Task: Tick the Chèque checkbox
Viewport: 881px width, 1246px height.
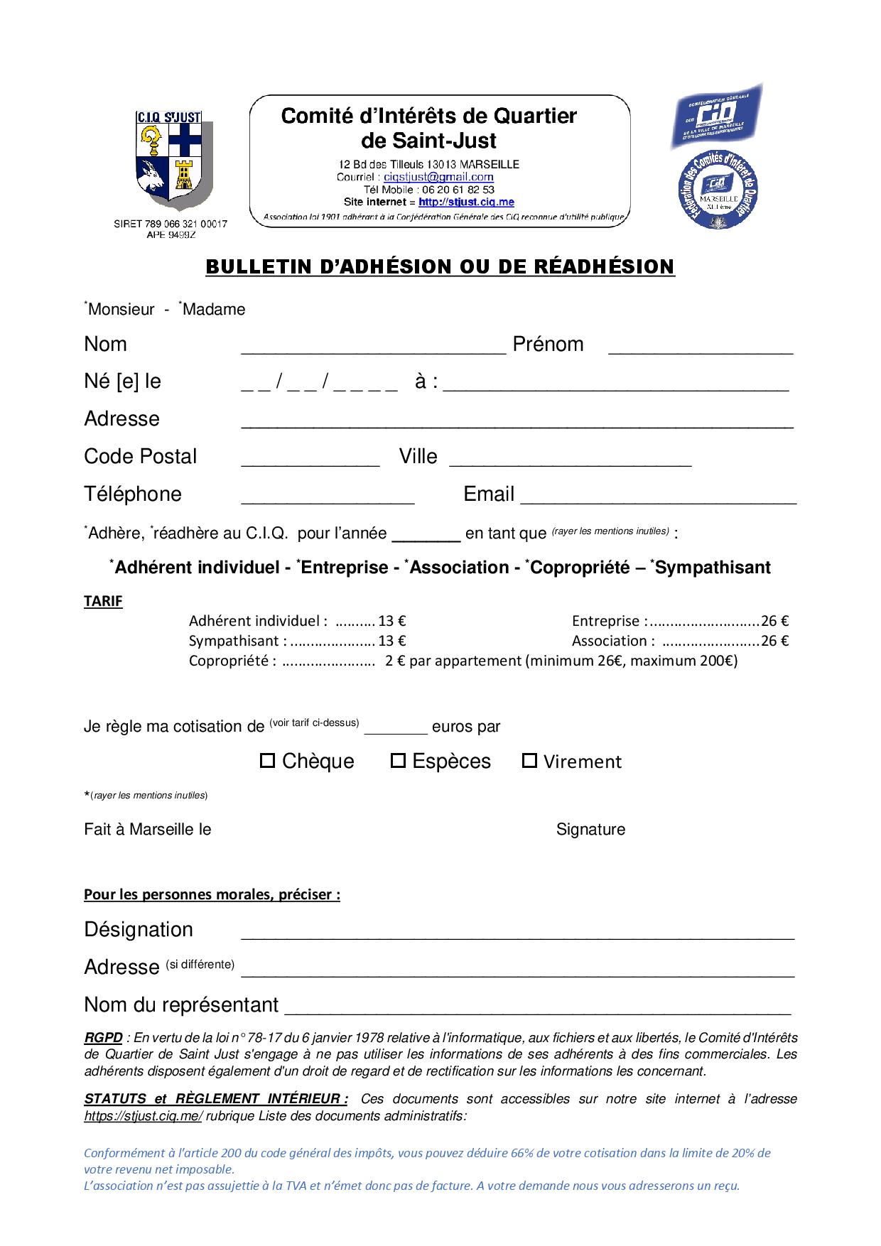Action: click(267, 761)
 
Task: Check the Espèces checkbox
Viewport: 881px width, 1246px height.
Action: click(398, 761)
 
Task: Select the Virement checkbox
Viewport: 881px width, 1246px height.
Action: click(529, 761)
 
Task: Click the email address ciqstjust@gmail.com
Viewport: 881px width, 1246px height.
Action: click(438, 177)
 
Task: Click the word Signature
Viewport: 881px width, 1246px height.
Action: click(590, 830)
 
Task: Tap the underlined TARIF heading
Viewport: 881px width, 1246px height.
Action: click(103, 601)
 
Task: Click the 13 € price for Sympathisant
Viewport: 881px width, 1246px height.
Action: click(392, 641)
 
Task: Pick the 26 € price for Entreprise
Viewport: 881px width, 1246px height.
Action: click(774, 621)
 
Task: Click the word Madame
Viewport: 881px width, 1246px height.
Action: click(214, 310)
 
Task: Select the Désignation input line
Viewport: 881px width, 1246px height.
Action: click(517, 933)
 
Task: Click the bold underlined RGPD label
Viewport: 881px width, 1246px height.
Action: click(103, 1038)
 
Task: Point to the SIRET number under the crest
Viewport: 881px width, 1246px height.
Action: click(171, 224)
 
